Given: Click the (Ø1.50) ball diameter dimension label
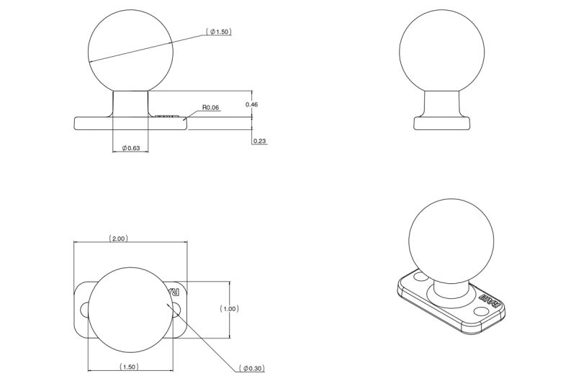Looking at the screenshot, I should point(219,32).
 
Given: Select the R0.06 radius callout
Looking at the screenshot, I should point(210,108).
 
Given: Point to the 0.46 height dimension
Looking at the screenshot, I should point(251,105).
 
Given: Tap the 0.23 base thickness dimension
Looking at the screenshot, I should point(260,141).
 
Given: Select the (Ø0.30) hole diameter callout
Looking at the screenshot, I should point(253,369).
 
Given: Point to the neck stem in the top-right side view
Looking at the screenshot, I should point(441,103).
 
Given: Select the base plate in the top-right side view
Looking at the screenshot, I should point(441,123).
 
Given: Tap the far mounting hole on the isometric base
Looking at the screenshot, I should point(420,276).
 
